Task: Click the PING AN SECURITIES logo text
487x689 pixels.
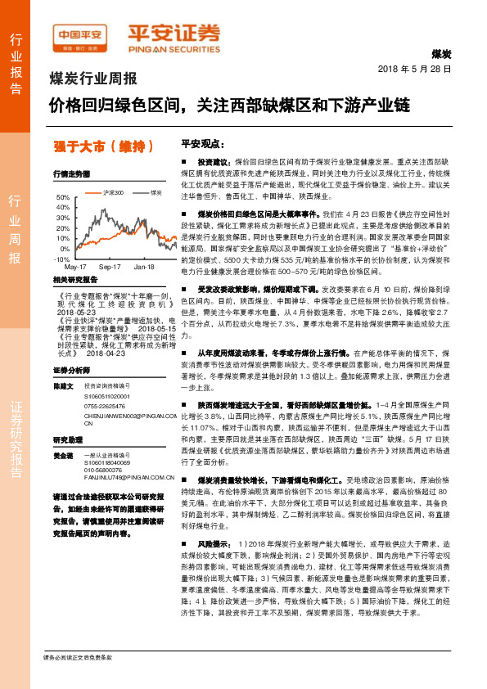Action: [174, 47]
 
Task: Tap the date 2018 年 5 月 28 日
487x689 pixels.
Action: [414, 69]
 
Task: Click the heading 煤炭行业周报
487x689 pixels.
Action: [93, 79]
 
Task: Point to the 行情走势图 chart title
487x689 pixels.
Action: [70, 174]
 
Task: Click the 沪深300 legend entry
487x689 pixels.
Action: [111, 192]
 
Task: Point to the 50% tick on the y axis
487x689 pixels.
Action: [63, 198]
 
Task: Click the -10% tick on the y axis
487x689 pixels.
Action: [61, 259]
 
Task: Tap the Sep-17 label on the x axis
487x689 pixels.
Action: [110, 268]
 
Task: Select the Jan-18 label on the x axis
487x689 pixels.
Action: [144, 268]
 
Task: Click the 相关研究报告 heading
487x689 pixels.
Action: [74, 280]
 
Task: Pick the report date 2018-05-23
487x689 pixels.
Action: [76, 311]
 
